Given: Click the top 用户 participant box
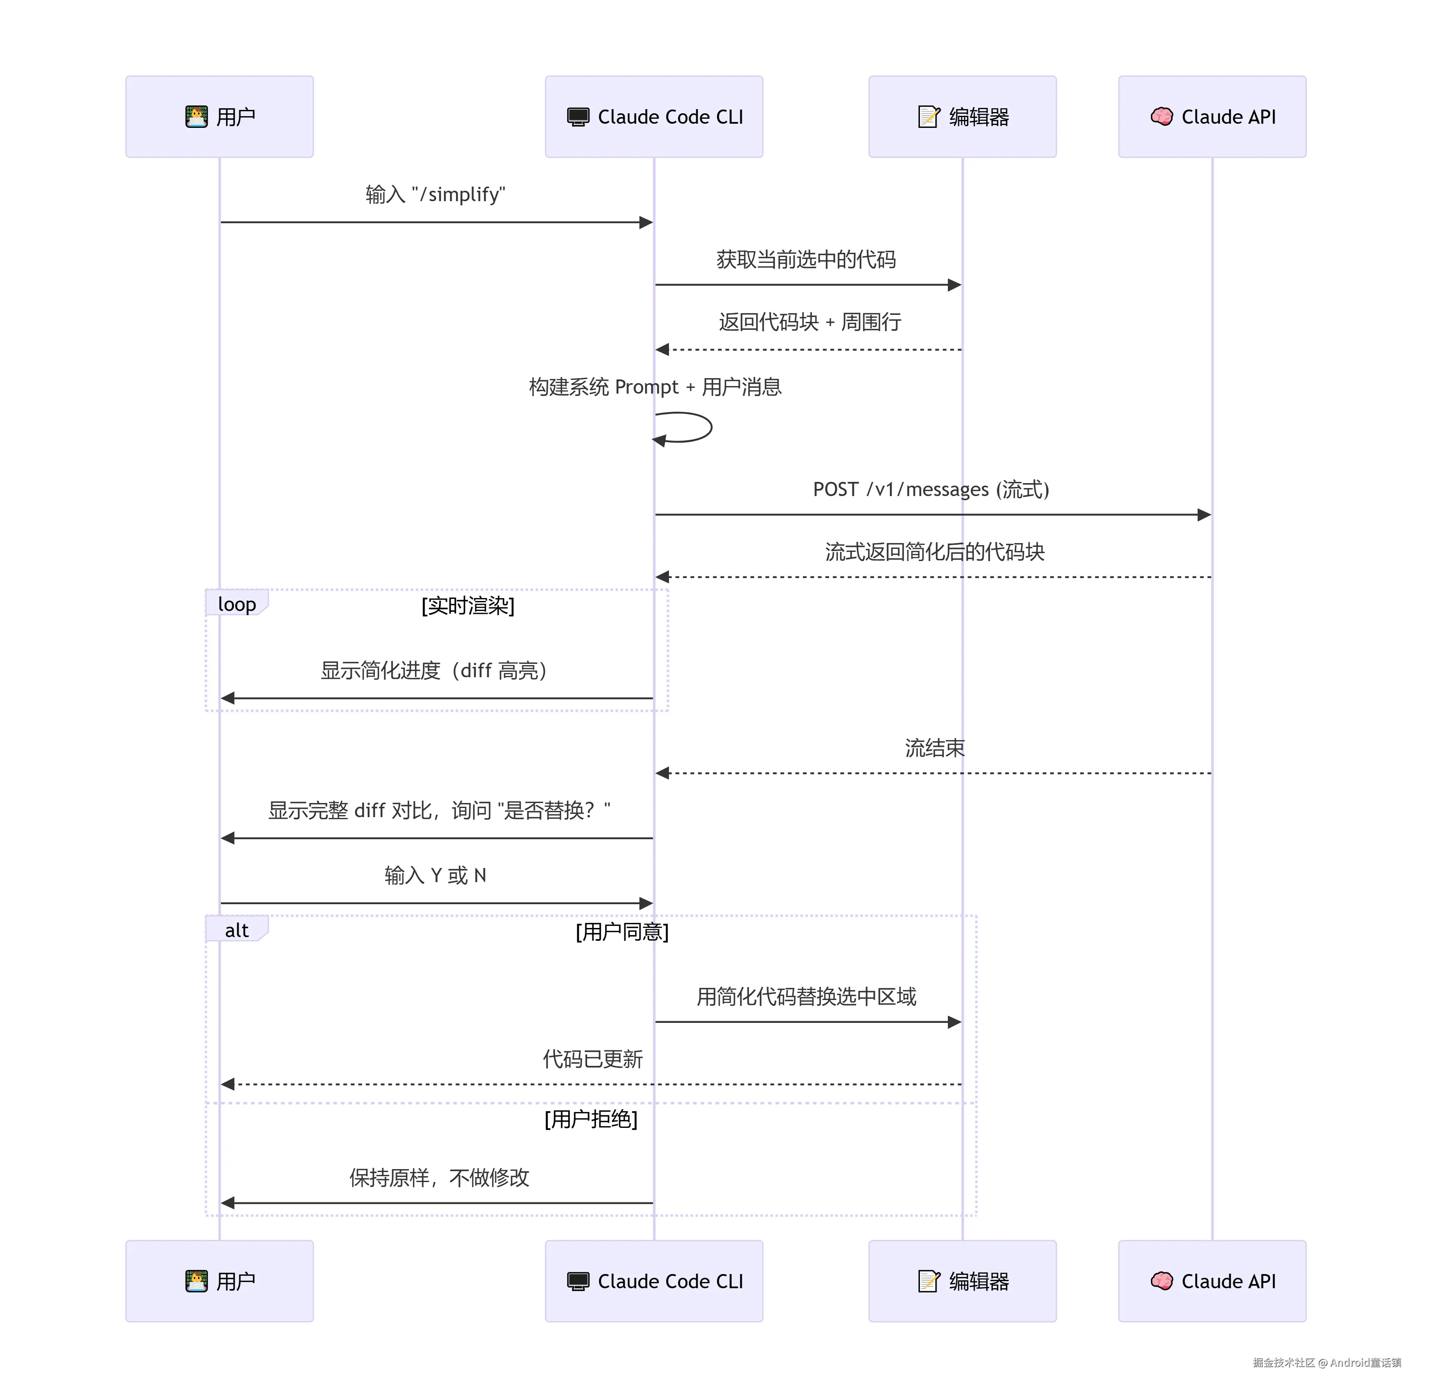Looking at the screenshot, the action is coord(219,117).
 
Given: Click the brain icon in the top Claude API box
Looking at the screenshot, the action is coord(1162,117).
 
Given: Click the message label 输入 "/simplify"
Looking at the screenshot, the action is coord(435,195).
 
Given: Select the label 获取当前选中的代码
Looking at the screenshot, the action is coord(806,259).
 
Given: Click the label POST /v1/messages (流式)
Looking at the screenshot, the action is coord(931,489).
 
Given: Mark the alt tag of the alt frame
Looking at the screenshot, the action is coord(236,930).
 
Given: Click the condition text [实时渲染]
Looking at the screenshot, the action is coord(468,606).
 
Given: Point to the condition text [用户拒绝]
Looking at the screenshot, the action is coord(591,1119).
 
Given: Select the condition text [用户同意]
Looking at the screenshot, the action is coord(622,932).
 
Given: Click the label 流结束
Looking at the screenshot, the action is coord(935,748).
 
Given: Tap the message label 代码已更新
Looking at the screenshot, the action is coord(593,1059).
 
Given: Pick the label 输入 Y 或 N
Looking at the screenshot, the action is coord(435,875).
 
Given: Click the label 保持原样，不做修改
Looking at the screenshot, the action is coord(439,1178).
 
